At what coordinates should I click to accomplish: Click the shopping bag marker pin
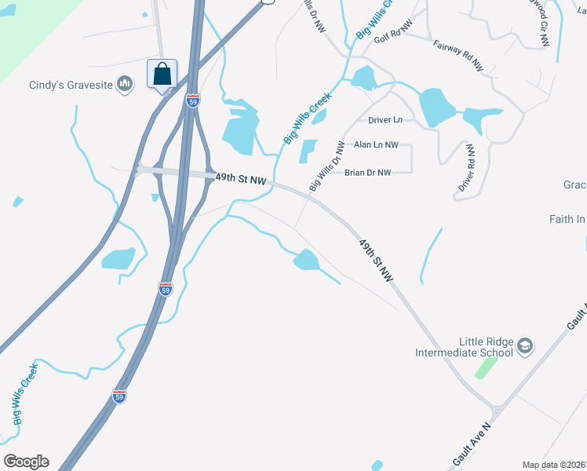coord(162,75)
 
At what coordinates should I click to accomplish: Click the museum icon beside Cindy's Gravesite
coord(124,84)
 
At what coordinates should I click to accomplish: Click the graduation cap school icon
coord(526,345)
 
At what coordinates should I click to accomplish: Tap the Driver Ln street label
coord(385,120)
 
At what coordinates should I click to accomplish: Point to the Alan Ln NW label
coord(376,144)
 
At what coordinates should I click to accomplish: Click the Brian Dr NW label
coord(367,173)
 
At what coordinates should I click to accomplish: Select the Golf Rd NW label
coord(394,38)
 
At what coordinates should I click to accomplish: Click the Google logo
coord(26,462)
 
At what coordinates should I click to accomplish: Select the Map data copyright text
coord(554,465)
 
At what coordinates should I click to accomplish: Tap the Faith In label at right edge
coord(567,220)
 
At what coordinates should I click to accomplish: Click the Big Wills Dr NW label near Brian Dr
coord(327,166)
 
